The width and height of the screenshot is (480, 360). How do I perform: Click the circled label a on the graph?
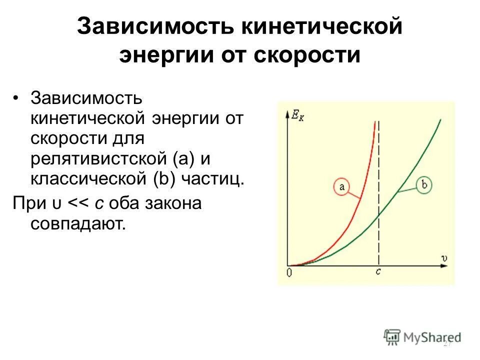[342, 187]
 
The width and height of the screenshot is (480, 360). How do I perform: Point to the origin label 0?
[288, 273]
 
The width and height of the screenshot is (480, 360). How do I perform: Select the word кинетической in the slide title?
[319, 26]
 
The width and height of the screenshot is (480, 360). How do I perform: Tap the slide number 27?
[447, 343]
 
